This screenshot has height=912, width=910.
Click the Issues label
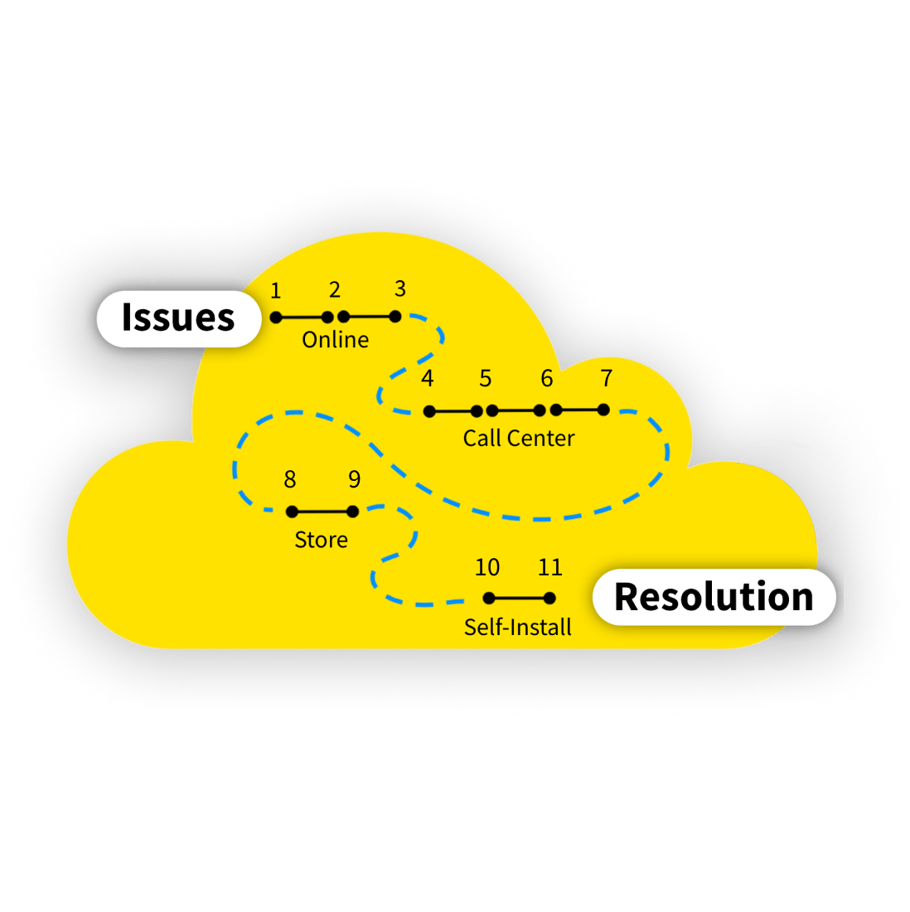[178, 318]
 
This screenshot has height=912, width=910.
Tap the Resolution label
[714, 597]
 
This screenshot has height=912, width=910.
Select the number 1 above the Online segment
[276, 291]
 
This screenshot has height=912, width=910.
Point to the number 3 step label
[400, 289]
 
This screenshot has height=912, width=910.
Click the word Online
[335, 340]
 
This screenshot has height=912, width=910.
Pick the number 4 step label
[427, 379]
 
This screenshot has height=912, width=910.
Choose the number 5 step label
[486, 379]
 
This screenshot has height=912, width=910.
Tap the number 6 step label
[547, 379]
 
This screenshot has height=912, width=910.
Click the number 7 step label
[607, 379]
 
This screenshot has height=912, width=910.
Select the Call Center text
[519, 438]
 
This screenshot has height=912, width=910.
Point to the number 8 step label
[290, 479]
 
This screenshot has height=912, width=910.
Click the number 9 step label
[355, 479]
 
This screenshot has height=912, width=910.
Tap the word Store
[321, 540]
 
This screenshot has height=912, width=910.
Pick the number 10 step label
[487, 567]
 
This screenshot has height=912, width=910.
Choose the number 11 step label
[550, 567]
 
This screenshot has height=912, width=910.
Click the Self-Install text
[518, 627]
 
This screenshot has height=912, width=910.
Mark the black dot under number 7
[603, 410]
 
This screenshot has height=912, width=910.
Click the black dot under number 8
[292, 512]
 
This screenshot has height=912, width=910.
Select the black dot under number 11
[549, 598]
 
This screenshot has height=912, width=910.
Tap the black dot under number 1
[276, 318]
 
